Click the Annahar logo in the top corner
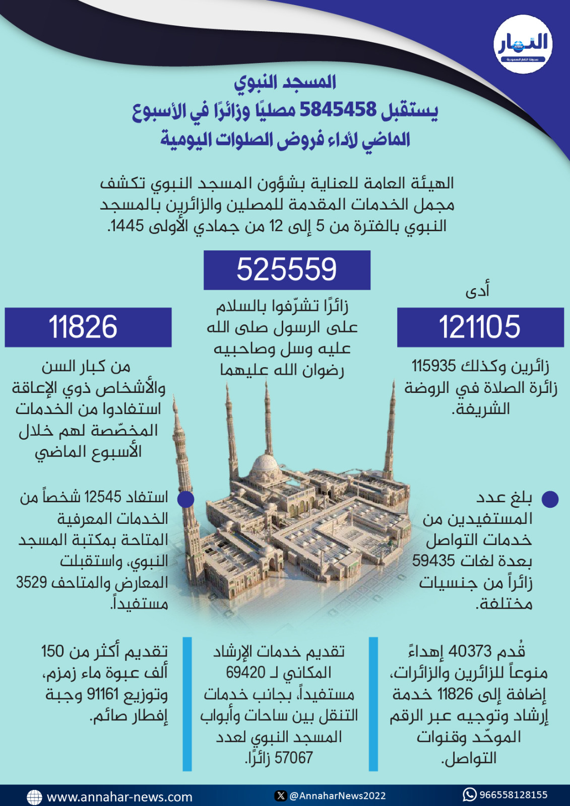[523, 44]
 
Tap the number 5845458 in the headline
[338, 109]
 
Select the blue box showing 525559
[287, 270]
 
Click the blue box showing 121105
[480, 327]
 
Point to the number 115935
[434, 366]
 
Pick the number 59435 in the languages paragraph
[433, 561]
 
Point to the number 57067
[294, 758]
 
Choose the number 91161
[103, 694]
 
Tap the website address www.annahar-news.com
[119, 797]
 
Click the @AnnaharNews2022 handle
[337, 796]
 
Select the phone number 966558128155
[513, 795]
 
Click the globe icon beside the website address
[34, 797]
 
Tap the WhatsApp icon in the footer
[469, 794]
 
